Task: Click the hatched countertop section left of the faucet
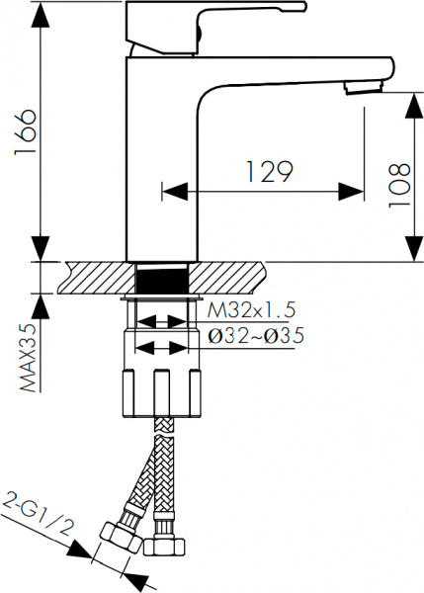tap(94, 277)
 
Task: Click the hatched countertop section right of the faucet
tap(232, 277)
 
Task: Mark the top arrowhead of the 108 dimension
tap(409, 100)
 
